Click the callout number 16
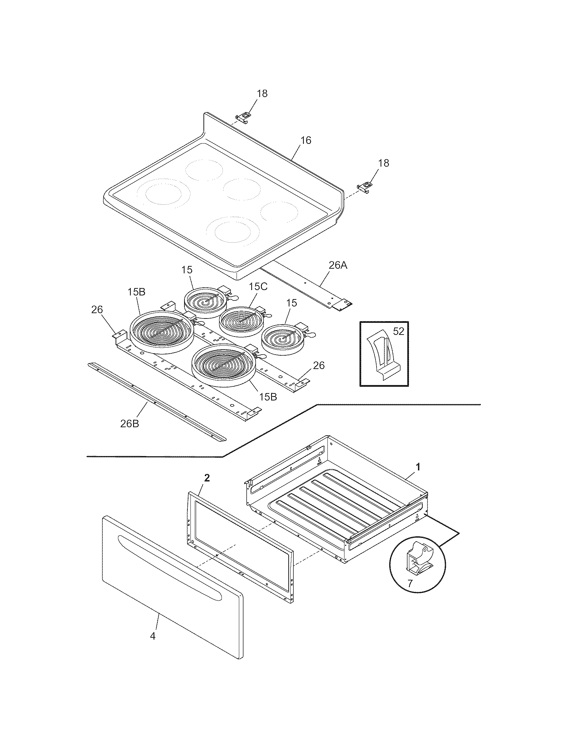coord(306,140)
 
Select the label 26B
coord(130,424)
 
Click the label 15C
coord(258,286)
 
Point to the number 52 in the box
coord(398,331)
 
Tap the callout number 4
coord(153,636)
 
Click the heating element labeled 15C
coord(241,320)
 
